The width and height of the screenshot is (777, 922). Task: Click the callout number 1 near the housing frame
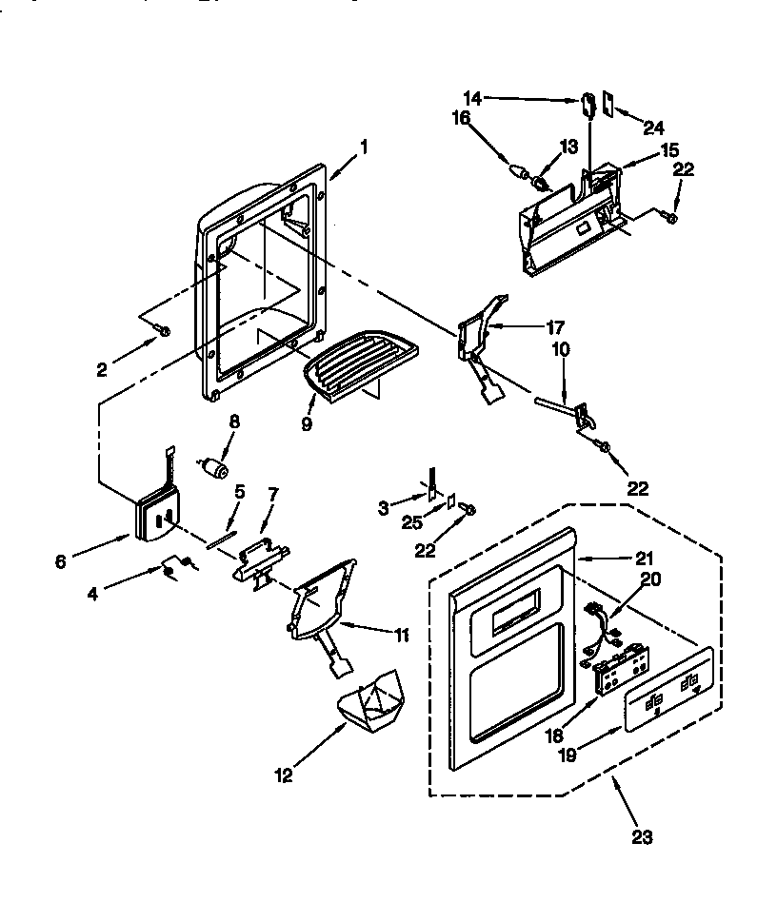364,147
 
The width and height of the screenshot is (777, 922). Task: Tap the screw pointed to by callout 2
164,330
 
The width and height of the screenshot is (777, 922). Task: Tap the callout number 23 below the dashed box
644,836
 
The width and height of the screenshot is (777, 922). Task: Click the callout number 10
562,350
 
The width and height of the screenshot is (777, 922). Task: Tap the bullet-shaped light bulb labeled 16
521,173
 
